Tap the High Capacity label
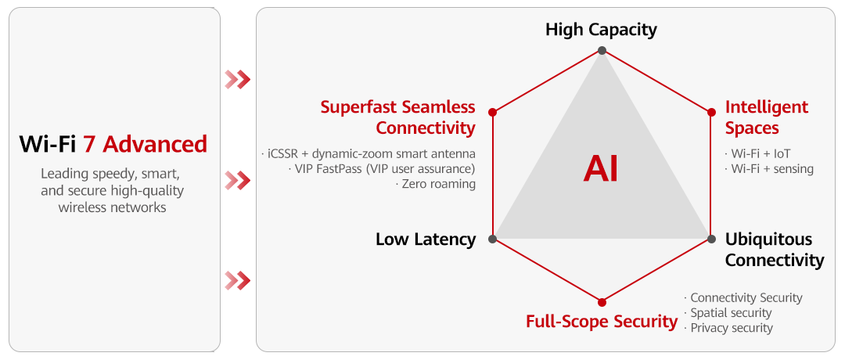point(601,30)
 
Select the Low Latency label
point(426,239)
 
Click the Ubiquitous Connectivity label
point(774,250)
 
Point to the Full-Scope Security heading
point(602,321)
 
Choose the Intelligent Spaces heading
point(766,117)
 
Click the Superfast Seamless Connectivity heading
point(398,117)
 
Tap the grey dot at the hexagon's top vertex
point(602,51)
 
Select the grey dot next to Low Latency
point(492,239)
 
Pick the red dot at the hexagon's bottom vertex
point(602,301)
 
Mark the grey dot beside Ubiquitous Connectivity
point(711,239)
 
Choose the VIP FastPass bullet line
point(382,169)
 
